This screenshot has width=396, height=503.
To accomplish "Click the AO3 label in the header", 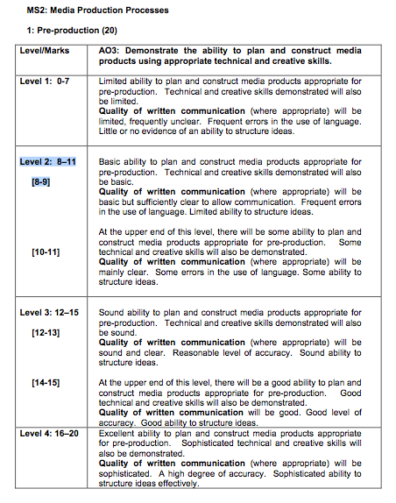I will [x=112, y=52].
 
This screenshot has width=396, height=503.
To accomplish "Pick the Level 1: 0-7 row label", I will [x=49, y=81].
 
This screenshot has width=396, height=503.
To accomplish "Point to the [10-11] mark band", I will [x=46, y=251].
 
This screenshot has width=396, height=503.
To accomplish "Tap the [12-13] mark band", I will [x=46, y=333].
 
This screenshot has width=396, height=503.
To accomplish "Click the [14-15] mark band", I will [x=46, y=383].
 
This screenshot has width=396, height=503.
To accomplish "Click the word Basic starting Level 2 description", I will [x=111, y=162].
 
